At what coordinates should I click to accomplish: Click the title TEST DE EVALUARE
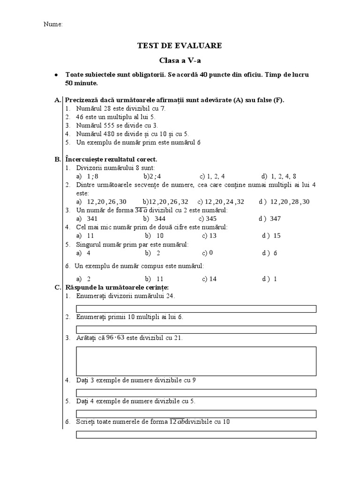point(180,45)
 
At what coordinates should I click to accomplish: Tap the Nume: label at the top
point(53,24)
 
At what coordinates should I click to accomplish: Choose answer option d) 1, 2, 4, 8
point(279,176)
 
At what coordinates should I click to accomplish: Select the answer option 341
point(87,218)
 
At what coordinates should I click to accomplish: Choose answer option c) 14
point(209,278)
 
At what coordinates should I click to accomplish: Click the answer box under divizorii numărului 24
point(196,308)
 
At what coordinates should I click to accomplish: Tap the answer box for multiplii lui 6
point(196,329)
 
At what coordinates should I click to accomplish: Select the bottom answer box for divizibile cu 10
point(196,435)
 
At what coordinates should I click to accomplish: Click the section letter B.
point(58,159)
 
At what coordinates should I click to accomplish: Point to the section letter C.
point(58,287)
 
